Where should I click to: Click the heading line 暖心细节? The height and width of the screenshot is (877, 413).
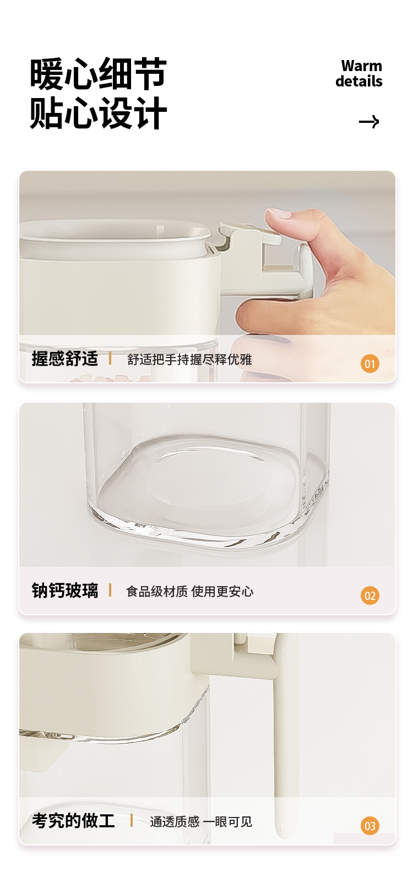(98, 74)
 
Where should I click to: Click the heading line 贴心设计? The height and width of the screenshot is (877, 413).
(98, 113)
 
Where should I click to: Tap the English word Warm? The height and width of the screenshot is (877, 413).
(361, 66)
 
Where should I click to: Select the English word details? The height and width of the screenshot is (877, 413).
(358, 82)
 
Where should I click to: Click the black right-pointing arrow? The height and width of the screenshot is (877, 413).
(369, 122)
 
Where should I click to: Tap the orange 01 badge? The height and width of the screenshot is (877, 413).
(370, 364)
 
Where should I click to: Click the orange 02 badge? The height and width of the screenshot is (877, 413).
(370, 596)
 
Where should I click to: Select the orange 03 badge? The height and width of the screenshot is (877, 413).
(370, 826)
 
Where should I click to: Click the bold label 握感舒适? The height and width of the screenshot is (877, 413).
(65, 359)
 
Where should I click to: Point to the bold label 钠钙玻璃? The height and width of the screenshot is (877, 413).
(65, 591)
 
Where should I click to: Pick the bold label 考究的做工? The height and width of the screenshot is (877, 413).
(73, 821)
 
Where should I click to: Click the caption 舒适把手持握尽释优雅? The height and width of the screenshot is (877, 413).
(189, 360)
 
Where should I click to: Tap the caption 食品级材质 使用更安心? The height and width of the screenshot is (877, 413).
(189, 592)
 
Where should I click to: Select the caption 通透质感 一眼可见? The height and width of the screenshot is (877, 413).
(201, 822)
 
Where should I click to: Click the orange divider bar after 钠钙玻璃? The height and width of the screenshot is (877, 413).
(110, 590)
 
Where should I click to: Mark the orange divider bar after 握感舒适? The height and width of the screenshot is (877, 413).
(110, 358)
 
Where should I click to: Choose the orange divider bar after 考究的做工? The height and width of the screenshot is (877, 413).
(132, 820)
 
